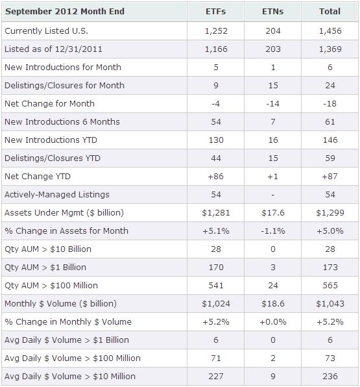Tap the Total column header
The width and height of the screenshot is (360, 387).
coord(330,12)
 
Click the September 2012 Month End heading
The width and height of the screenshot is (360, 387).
coord(66,12)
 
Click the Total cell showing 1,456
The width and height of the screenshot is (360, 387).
coord(330,31)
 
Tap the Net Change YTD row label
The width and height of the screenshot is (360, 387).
coord(37,176)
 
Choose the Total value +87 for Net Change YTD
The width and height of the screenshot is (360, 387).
coord(330,176)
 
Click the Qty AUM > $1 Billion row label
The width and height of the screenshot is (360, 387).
coord(45,267)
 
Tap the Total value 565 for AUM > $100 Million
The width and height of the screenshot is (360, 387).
coord(330,285)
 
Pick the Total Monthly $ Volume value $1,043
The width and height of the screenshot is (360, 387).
coord(330,303)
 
